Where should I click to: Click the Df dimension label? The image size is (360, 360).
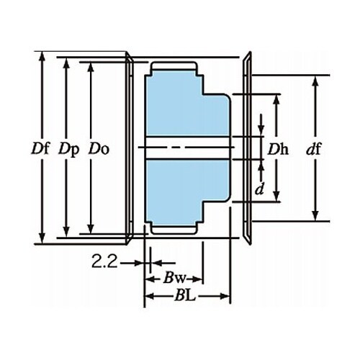click(x=40, y=148)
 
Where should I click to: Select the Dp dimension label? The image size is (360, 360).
click(x=69, y=150)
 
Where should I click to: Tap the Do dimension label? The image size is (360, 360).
click(x=99, y=148)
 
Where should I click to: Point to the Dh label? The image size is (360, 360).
click(x=278, y=149)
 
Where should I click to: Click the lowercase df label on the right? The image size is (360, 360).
click(x=314, y=149)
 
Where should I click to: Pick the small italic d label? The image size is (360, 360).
click(x=260, y=189)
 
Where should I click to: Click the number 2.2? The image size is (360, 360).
click(x=104, y=261)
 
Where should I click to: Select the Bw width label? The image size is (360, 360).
click(x=174, y=279)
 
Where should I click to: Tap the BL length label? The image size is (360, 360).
click(x=185, y=296)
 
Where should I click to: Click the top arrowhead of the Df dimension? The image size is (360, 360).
click(x=42, y=56)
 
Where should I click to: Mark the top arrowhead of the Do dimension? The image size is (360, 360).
click(x=91, y=67)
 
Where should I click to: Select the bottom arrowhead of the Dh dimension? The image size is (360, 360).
click(x=276, y=197)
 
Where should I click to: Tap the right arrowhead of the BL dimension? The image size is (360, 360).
click(x=225, y=296)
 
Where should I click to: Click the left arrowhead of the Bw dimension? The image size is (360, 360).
click(x=150, y=279)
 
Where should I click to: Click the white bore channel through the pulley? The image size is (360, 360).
click(x=188, y=148)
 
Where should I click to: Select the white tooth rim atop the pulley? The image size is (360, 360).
click(x=174, y=66)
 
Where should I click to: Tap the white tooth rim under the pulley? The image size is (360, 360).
click(x=174, y=230)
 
